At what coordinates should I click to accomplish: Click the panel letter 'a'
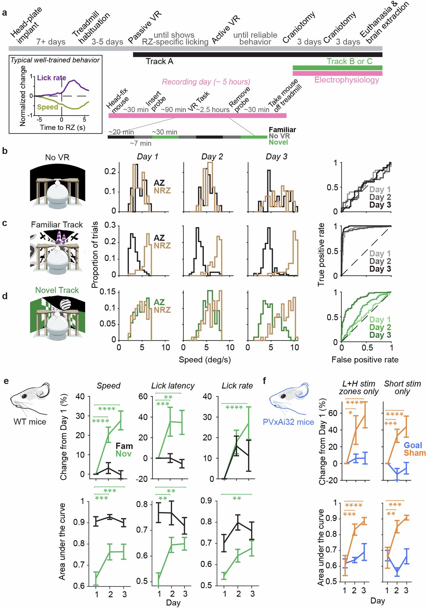click(x=4, y=13)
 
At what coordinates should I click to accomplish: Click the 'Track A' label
click(x=159, y=62)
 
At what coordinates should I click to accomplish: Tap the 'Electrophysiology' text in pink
click(x=347, y=80)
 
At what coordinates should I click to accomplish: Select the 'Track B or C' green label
click(x=349, y=61)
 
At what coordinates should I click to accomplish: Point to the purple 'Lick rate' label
click(x=51, y=78)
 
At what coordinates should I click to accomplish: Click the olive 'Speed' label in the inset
click(x=47, y=107)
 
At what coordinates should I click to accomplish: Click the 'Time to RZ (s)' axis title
click(x=62, y=127)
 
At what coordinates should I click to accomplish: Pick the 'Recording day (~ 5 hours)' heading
click(x=206, y=82)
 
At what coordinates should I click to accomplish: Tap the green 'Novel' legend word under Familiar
click(x=278, y=142)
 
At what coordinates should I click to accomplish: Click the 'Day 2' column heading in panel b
click(x=212, y=157)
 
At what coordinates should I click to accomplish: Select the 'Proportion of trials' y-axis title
click(x=95, y=255)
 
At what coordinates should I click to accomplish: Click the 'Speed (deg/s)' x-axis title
click(x=205, y=360)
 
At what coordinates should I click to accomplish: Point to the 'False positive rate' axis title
click(x=365, y=360)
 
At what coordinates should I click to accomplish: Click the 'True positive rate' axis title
click(x=321, y=255)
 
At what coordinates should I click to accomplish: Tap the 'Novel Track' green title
click(x=57, y=290)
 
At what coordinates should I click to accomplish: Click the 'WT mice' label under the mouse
click(x=30, y=422)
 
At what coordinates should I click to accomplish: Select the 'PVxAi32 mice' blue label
click(x=288, y=422)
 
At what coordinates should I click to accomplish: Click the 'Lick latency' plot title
click(x=173, y=386)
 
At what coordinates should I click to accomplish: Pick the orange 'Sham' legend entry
click(x=415, y=453)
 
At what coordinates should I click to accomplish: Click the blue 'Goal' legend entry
click(x=413, y=445)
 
